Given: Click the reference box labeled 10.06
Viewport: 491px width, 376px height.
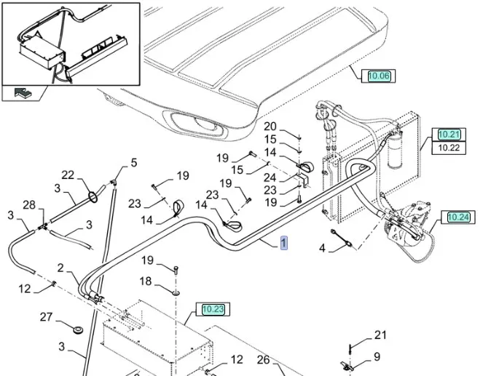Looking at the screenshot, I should [x=379, y=76].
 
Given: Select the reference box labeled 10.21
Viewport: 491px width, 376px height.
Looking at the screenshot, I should [x=449, y=135].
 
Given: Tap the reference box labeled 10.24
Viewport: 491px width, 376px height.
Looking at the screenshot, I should [x=458, y=217].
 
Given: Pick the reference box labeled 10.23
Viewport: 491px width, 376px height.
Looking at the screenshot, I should [x=213, y=309].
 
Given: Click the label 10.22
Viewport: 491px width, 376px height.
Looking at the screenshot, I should [x=449, y=148].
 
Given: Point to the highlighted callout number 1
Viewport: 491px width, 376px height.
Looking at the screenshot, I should [x=284, y=243].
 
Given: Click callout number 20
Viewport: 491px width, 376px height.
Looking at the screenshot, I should [x=270, y=127].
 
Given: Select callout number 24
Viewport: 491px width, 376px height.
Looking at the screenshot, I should [x=270, y=177].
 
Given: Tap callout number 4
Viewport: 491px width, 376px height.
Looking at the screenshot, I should [x=322, y=249].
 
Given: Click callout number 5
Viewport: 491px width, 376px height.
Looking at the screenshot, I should [x=133, y=163].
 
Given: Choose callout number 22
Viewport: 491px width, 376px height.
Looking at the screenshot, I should [x=68, y=175].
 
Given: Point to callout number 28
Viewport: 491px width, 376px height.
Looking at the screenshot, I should [x=28, y=206].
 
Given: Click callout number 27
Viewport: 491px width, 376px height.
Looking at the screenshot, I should [x=47, y=316].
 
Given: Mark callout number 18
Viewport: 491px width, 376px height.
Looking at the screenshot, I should [x=146, y=281].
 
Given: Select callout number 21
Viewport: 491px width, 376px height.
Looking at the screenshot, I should [x=380, y=335].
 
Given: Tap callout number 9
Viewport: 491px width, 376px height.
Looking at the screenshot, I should [x=377, y=356].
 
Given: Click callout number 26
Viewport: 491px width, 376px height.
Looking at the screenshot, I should [x=263, y=359].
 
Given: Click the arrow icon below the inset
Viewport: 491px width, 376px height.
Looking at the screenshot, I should [x=25, y=93].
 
